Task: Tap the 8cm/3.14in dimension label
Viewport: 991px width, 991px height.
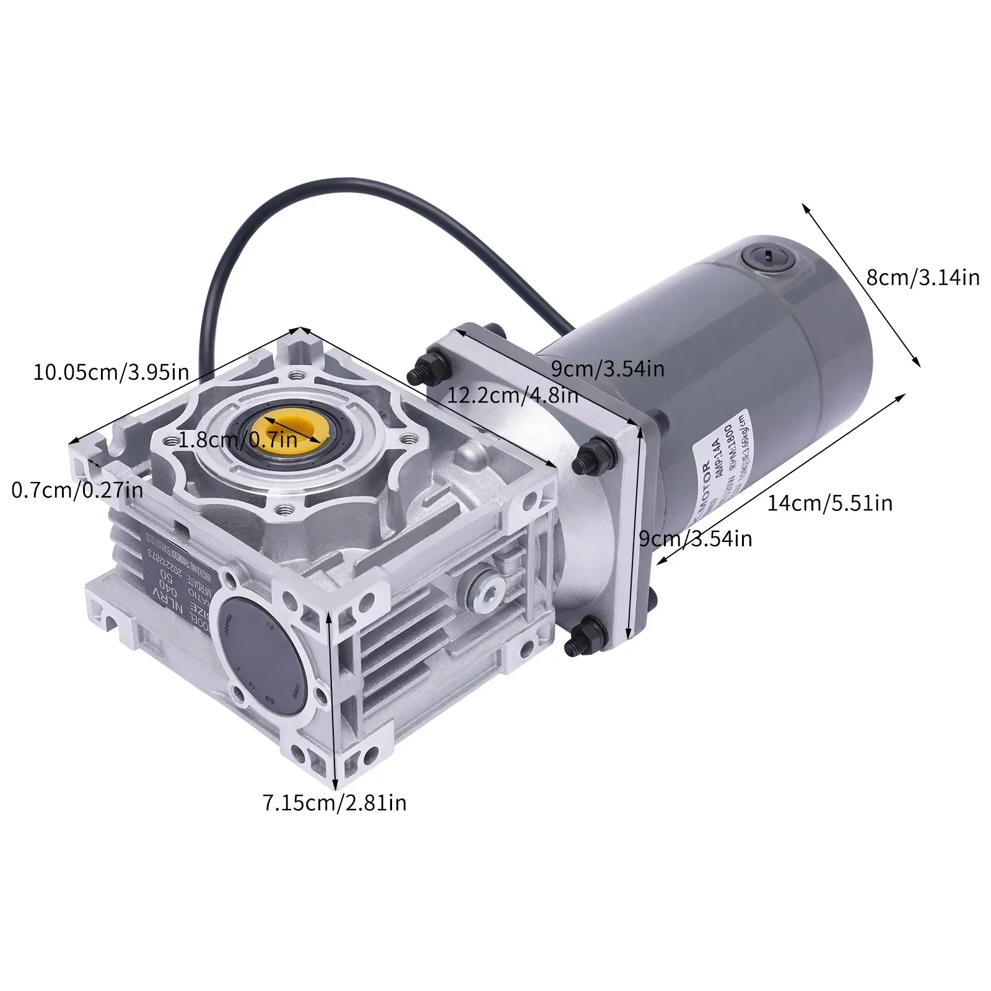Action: point(923,277)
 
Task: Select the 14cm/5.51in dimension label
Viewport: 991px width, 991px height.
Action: point(830,503)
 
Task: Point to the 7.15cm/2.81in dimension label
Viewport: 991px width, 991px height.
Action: point(335,803)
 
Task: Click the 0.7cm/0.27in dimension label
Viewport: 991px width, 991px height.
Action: point(77,491)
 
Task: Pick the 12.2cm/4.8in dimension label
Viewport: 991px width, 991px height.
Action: point(513,395)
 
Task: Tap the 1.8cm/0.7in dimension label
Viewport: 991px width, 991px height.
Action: point(239,440)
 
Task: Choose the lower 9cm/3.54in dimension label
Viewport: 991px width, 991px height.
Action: point(695,538)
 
